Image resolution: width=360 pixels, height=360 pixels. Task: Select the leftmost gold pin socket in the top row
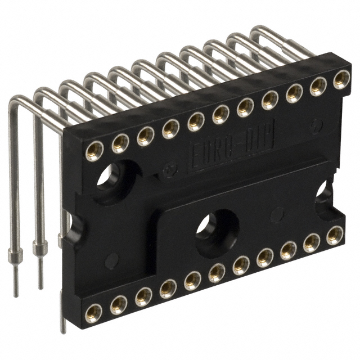point(94,150)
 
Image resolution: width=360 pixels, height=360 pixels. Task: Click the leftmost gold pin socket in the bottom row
point(93,310)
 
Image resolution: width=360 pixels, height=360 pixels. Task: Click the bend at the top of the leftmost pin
point(16,101)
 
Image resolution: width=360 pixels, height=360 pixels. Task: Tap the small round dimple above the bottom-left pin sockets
point(111,260)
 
